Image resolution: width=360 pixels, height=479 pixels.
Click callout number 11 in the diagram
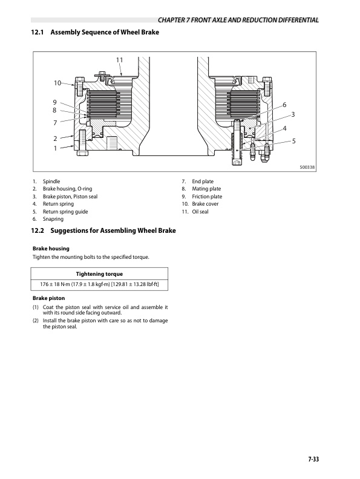(x=119, y=60)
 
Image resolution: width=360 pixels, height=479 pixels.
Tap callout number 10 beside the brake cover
(x=57, y=83)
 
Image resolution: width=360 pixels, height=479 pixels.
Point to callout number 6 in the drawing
(x=284, y=105)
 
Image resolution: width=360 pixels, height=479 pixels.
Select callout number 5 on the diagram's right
(x=293, y=141)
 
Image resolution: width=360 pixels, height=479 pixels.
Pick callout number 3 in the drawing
(x=293, y=114)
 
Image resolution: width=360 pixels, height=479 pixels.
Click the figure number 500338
(x=309, y=169)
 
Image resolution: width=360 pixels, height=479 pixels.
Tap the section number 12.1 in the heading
(x=38, y=31)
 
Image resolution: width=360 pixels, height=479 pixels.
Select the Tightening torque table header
(x=99, y=274)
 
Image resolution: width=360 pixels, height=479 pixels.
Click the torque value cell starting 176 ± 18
(x=99, y=284)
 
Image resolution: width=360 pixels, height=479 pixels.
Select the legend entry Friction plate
(x=207, y=197)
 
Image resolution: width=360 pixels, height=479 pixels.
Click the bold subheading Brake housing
(x=50, y=249)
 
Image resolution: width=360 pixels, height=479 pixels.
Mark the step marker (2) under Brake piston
(x=36, y=321)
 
